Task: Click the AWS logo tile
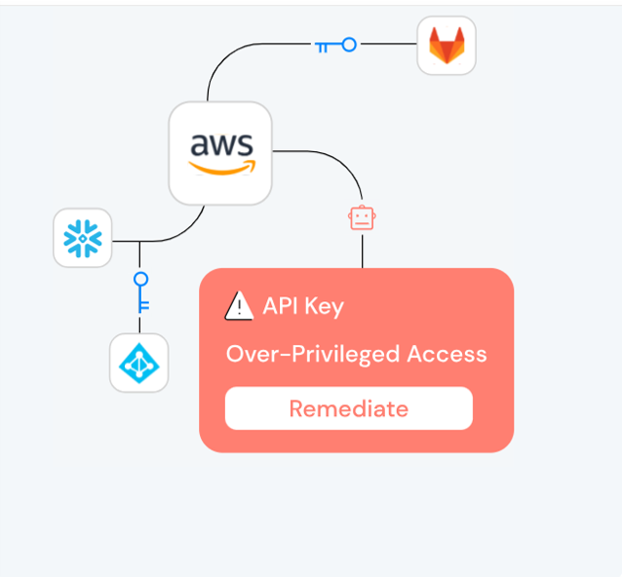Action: click(220, 153)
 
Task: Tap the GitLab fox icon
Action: click(447, 45)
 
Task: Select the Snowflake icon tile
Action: click(83, 238)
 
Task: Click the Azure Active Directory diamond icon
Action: click(139, 363)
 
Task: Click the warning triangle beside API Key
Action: click(239, 306)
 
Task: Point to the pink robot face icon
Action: click(362, 217)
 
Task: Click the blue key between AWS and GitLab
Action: click(335, 45)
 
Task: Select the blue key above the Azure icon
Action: click(141, 291)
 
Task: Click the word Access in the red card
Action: click(447, 354)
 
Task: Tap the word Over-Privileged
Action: click(313, 355)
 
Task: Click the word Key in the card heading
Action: click(324, 307)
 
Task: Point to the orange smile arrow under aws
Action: click(222, 169)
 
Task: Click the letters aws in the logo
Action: click(221, 144)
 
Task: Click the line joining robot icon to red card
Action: click(363, 251)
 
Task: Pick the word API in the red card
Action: click(281, 306)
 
